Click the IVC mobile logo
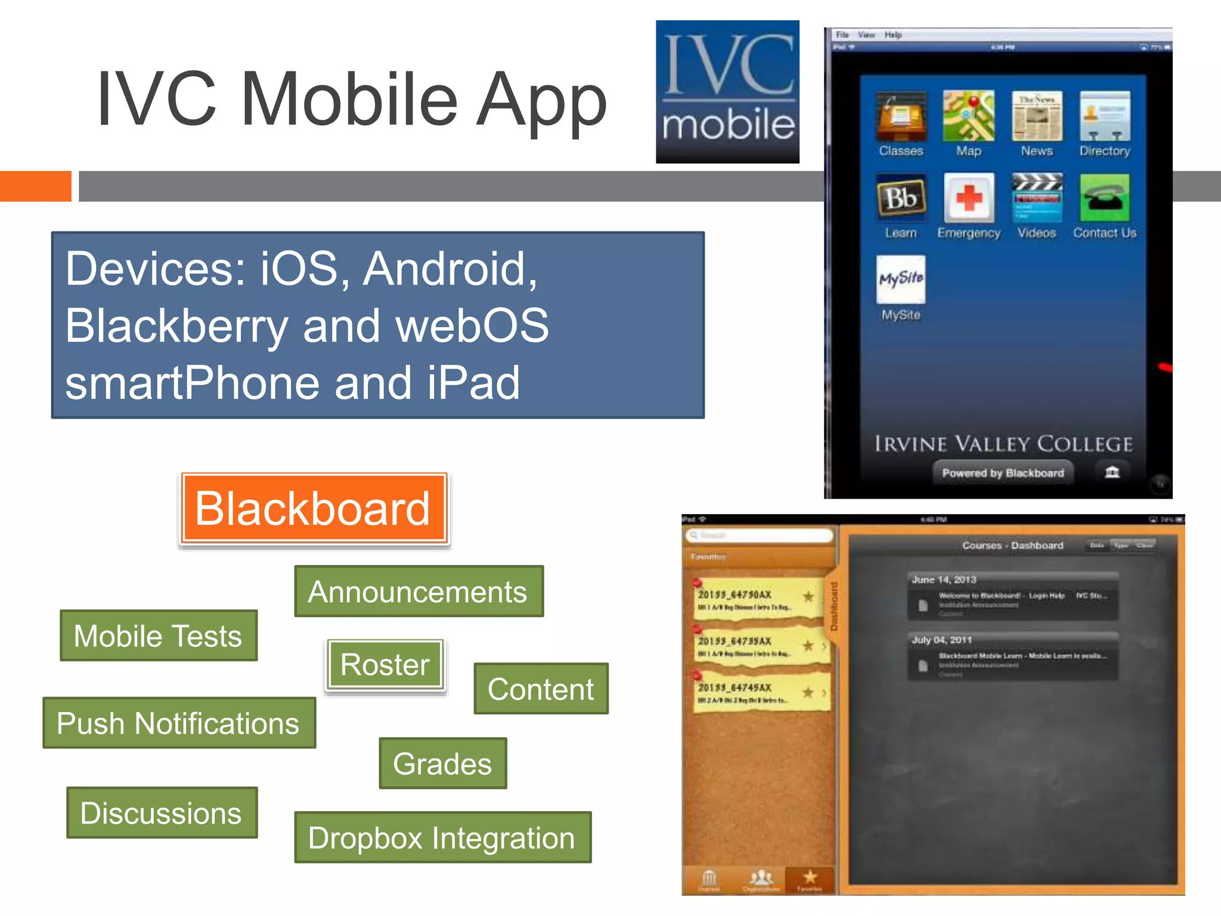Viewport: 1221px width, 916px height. tap(727, 92)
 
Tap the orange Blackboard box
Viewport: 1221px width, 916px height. tap(314, 509)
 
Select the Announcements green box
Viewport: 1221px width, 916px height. tap(419, 592)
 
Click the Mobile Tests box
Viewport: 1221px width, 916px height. tap(159, 636)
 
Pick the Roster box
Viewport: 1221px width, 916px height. tap(385, 665)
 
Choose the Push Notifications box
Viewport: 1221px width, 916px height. tap(179, 723)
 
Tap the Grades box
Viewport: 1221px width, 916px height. tap(443, 764)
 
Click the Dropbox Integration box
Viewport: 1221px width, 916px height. tap(442, 838)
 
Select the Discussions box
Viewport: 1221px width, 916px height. tap(162, 813)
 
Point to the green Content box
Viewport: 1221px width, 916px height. tap(541, 689)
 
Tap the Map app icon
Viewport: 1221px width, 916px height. tap(969, 116)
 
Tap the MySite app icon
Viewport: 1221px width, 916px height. tap(901, 279)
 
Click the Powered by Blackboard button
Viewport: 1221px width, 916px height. tap(1003, 473)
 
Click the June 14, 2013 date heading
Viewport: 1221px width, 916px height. tap(944, 580)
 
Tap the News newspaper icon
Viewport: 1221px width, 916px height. tap(1037, 116)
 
